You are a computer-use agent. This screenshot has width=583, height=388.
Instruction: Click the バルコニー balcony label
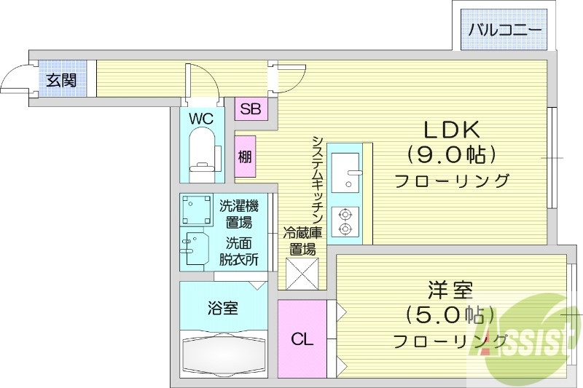click(x=504, y=31)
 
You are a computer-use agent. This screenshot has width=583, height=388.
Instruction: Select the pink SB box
click(x=251, y=110)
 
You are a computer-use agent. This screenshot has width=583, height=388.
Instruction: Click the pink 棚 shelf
click(x=246, y=157)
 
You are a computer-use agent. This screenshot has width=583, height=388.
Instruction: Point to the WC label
click(x=202, y=117)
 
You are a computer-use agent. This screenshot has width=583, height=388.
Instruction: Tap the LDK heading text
click(x=451, y=130)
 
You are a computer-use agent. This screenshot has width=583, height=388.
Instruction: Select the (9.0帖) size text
click(x=451, y=155)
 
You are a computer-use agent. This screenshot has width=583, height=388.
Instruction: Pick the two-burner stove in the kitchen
click(x=344, y=222)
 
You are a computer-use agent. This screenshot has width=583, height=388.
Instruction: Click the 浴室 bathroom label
click(x=222, y=309)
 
